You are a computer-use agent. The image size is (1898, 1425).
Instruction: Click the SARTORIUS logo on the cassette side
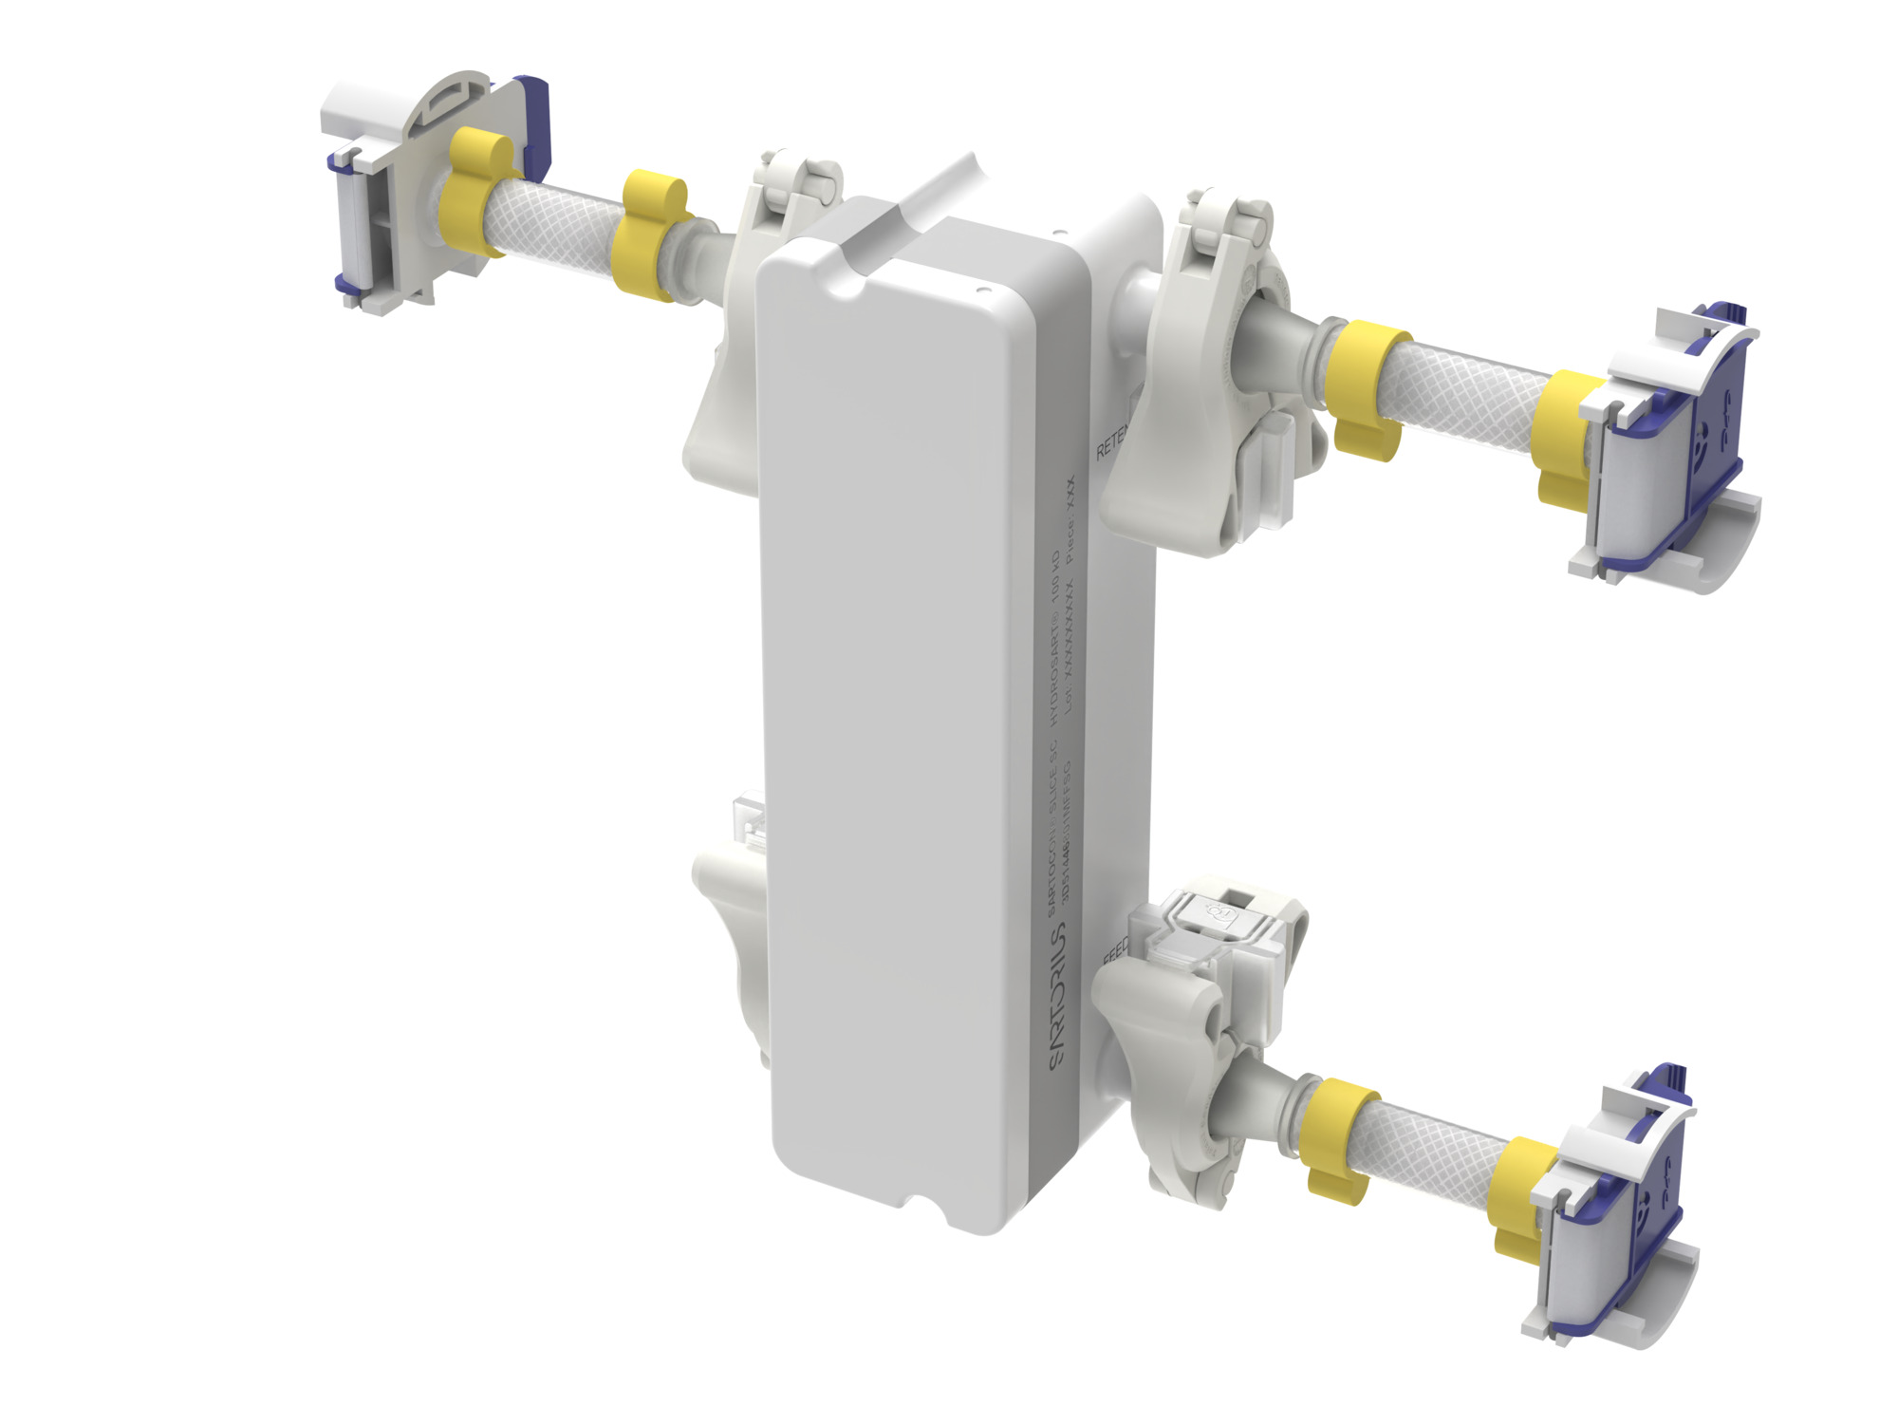tap(1058, 997)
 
